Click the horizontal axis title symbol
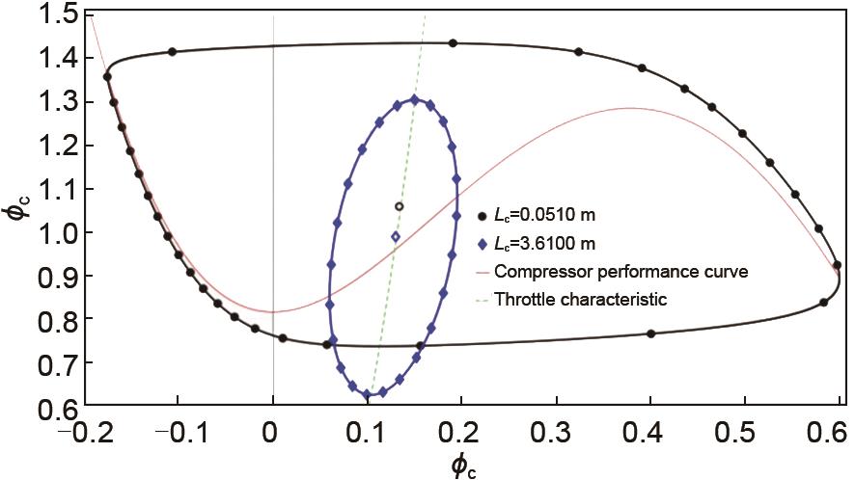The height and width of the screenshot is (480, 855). point(463,466)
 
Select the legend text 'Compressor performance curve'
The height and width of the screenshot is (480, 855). point(620,272)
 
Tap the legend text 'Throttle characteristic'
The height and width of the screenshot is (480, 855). point(581,300)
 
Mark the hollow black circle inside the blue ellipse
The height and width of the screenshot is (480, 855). point(400,206)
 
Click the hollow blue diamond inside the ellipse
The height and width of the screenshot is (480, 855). point(395,236)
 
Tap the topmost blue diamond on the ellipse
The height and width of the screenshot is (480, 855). point(415,99)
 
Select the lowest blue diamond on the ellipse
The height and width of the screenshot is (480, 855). point(367,394)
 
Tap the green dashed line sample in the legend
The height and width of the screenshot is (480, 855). point(482,300)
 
